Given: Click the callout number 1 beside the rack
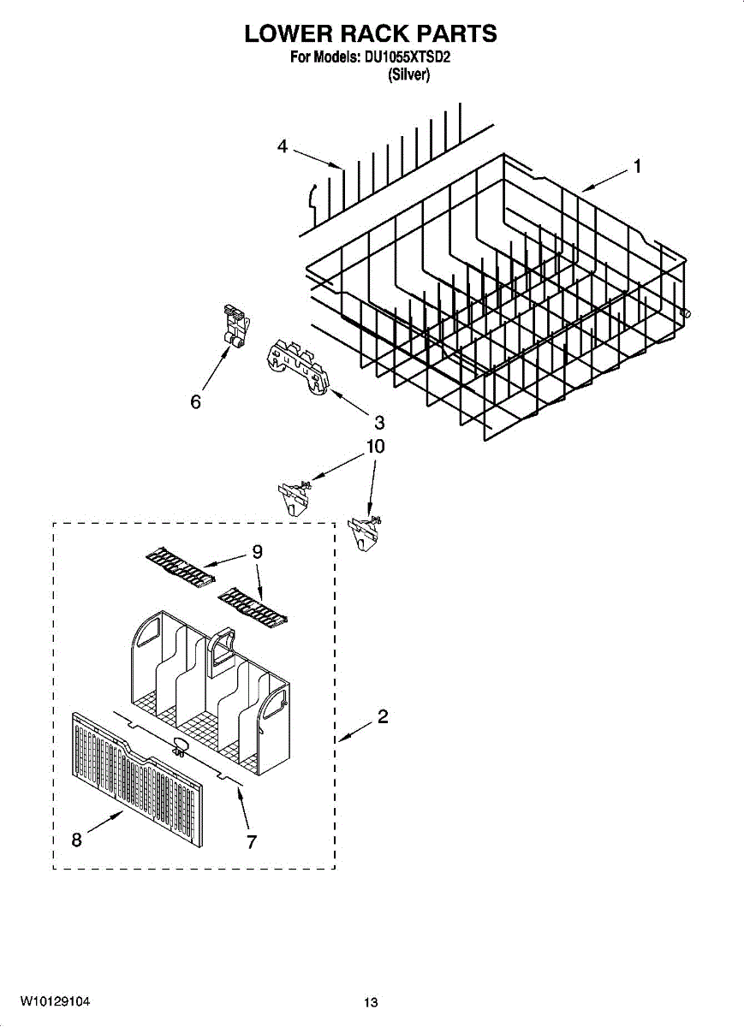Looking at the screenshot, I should (636, 167).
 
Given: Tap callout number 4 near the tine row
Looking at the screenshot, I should (282, 146).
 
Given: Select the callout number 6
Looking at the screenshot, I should (196, 401).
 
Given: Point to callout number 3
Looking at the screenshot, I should (378, 422).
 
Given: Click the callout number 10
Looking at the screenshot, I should (375, 447).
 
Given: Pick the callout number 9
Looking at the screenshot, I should (256, 553).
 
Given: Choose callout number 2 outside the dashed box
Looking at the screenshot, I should (383, 717).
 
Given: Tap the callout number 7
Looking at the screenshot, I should (251, 842).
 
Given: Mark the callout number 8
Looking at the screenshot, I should (76, 840).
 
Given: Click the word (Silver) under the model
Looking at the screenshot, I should (408, 74).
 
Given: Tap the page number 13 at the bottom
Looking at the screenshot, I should (370, 1002).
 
